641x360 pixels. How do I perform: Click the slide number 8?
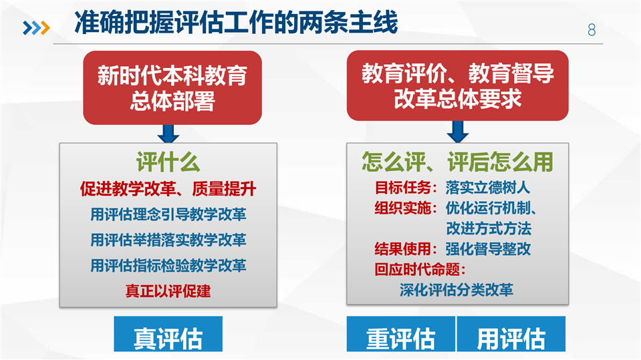pyautogui.click(x=592, y=30)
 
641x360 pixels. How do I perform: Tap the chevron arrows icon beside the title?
pyautogui.click(x=36, y=28)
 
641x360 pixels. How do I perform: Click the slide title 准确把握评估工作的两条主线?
pyautogui.click(x=236, y=23)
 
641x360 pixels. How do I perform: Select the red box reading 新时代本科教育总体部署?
pyautogui.click(x=172, y=87)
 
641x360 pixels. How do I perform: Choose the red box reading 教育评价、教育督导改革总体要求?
pyautogui.click(x=457, y=85)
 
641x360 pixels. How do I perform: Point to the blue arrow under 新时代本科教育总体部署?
pyautogui.click(x=168, y=134)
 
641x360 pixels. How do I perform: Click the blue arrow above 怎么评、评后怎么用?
pyautogui.click(x=458, y=132)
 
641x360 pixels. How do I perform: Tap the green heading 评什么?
pyautogui.click(x=168, y=162)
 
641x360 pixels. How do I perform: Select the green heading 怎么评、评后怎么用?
pyautogui.click(x=457, y=162)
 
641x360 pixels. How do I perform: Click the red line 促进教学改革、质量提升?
pyautogui.click(x=168, y=189)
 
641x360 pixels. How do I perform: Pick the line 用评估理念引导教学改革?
pyautogui.click(x=168, y=214)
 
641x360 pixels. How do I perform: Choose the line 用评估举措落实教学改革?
pyautogui.click(x=168, y=240)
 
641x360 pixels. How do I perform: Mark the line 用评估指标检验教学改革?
pyautogui.click(x=168, y=266)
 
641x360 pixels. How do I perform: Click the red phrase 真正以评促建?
pyautogui.click(x=168, y=291)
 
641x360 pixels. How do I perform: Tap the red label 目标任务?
pyautogui.click(x=402, y=188)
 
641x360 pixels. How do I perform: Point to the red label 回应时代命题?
pyautogui.click(x=420, y=269)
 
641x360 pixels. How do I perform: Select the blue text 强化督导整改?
pyautogui.click(x=488, y=249)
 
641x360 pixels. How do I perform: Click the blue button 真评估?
pyautogui.click(x=168, y=334)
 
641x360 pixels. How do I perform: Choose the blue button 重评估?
pyautogui.click(x=400, y=334)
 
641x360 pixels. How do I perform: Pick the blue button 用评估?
pyautogui.click(x=511, y=334)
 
